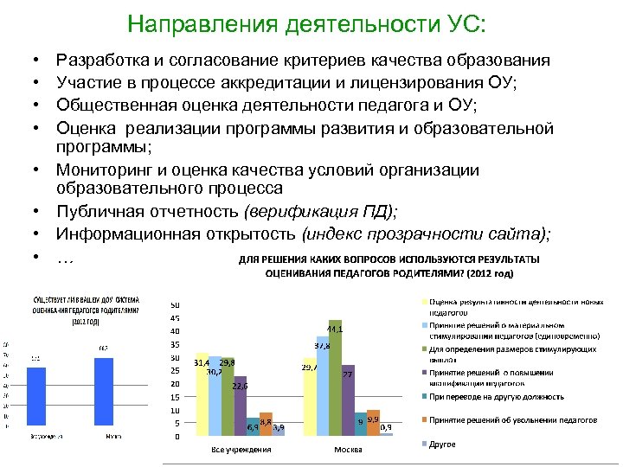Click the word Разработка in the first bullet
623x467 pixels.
coord(98,60)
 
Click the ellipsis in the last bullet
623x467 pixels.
coord(64,257)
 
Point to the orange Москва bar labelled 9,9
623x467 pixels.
coord(373,423)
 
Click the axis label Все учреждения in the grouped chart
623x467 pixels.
coord(241,449)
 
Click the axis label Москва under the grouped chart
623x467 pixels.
coord(348,449)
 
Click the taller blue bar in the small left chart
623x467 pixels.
coord(105,390)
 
